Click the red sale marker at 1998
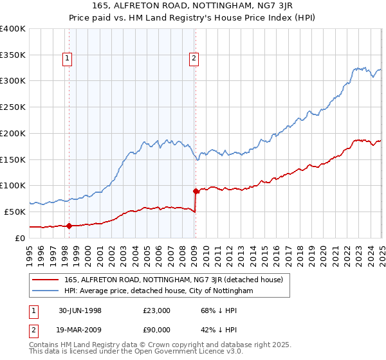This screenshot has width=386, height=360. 69,226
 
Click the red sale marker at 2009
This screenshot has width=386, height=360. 196,191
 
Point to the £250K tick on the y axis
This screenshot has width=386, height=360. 13,107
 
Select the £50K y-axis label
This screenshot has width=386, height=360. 15,212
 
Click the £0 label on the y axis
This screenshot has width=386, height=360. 21,238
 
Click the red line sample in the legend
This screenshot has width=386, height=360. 46,280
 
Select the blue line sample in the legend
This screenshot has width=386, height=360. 46,291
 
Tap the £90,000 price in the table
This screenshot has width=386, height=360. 156,330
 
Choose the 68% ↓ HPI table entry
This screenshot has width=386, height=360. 210,310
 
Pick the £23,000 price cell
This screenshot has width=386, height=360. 156,310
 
